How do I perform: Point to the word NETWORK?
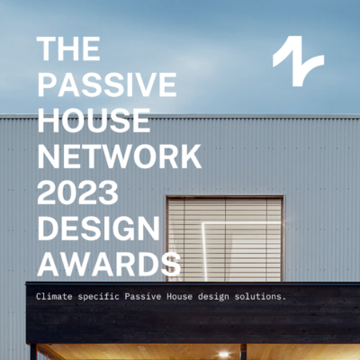[117, 157]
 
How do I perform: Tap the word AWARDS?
[108, 265]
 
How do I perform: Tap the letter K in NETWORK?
[188, 157]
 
